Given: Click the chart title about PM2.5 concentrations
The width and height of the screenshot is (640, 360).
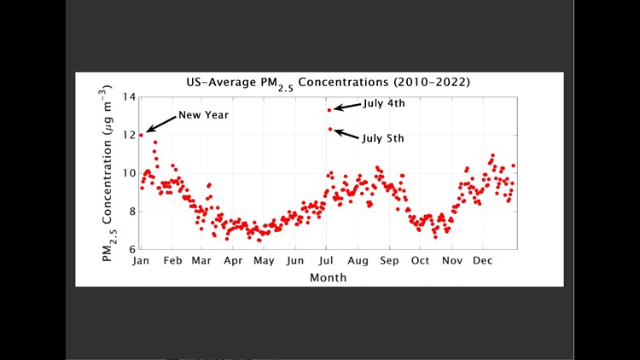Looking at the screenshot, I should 329,84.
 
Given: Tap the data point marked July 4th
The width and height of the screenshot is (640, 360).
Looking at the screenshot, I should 329,110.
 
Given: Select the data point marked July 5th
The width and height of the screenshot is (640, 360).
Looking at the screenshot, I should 329,130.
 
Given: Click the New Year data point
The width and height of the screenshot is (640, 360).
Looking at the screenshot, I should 141,135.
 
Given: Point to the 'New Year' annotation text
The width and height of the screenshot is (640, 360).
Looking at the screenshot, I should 203,115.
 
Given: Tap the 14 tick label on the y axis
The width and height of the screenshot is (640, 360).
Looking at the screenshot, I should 128,96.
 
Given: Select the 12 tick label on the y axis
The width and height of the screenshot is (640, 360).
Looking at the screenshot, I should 128,135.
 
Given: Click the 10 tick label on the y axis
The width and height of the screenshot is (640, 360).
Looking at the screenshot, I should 128,173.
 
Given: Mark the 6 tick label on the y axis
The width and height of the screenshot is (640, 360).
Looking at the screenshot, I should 131,249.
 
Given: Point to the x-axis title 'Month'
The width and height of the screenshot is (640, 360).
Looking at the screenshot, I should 329,277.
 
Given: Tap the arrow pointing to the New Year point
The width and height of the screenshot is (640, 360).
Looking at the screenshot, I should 160,125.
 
